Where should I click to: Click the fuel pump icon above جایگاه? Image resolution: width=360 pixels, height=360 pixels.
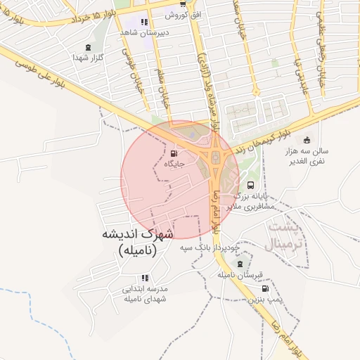[174, 153]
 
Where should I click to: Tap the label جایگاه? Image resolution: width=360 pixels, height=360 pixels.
[174, 164]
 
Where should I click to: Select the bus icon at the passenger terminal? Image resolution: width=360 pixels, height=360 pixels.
[252, 184]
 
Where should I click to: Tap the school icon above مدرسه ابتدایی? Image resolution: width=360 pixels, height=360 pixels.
[145, 278]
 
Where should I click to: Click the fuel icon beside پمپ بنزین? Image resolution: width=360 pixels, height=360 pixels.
[265, 288]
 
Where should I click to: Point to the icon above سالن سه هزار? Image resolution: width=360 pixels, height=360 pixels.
[307, 139]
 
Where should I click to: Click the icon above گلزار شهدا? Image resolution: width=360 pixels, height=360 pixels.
[89, 47]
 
